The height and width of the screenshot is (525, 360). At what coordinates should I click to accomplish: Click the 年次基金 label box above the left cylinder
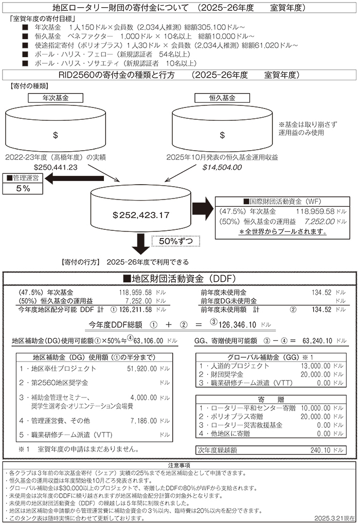[x=55, y=97]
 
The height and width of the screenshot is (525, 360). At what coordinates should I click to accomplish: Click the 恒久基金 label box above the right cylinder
[x=222, y=97]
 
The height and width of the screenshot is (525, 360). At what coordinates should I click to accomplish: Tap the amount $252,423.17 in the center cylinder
[x=141, y=215]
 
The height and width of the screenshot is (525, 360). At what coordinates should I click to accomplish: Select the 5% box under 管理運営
[x=23, y=189]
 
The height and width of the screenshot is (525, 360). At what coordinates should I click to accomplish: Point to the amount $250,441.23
[x=55, y=167]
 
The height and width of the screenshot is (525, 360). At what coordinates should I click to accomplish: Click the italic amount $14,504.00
[x=222, y=167]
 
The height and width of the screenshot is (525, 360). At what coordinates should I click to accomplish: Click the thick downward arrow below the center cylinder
[x=140, y=243]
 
